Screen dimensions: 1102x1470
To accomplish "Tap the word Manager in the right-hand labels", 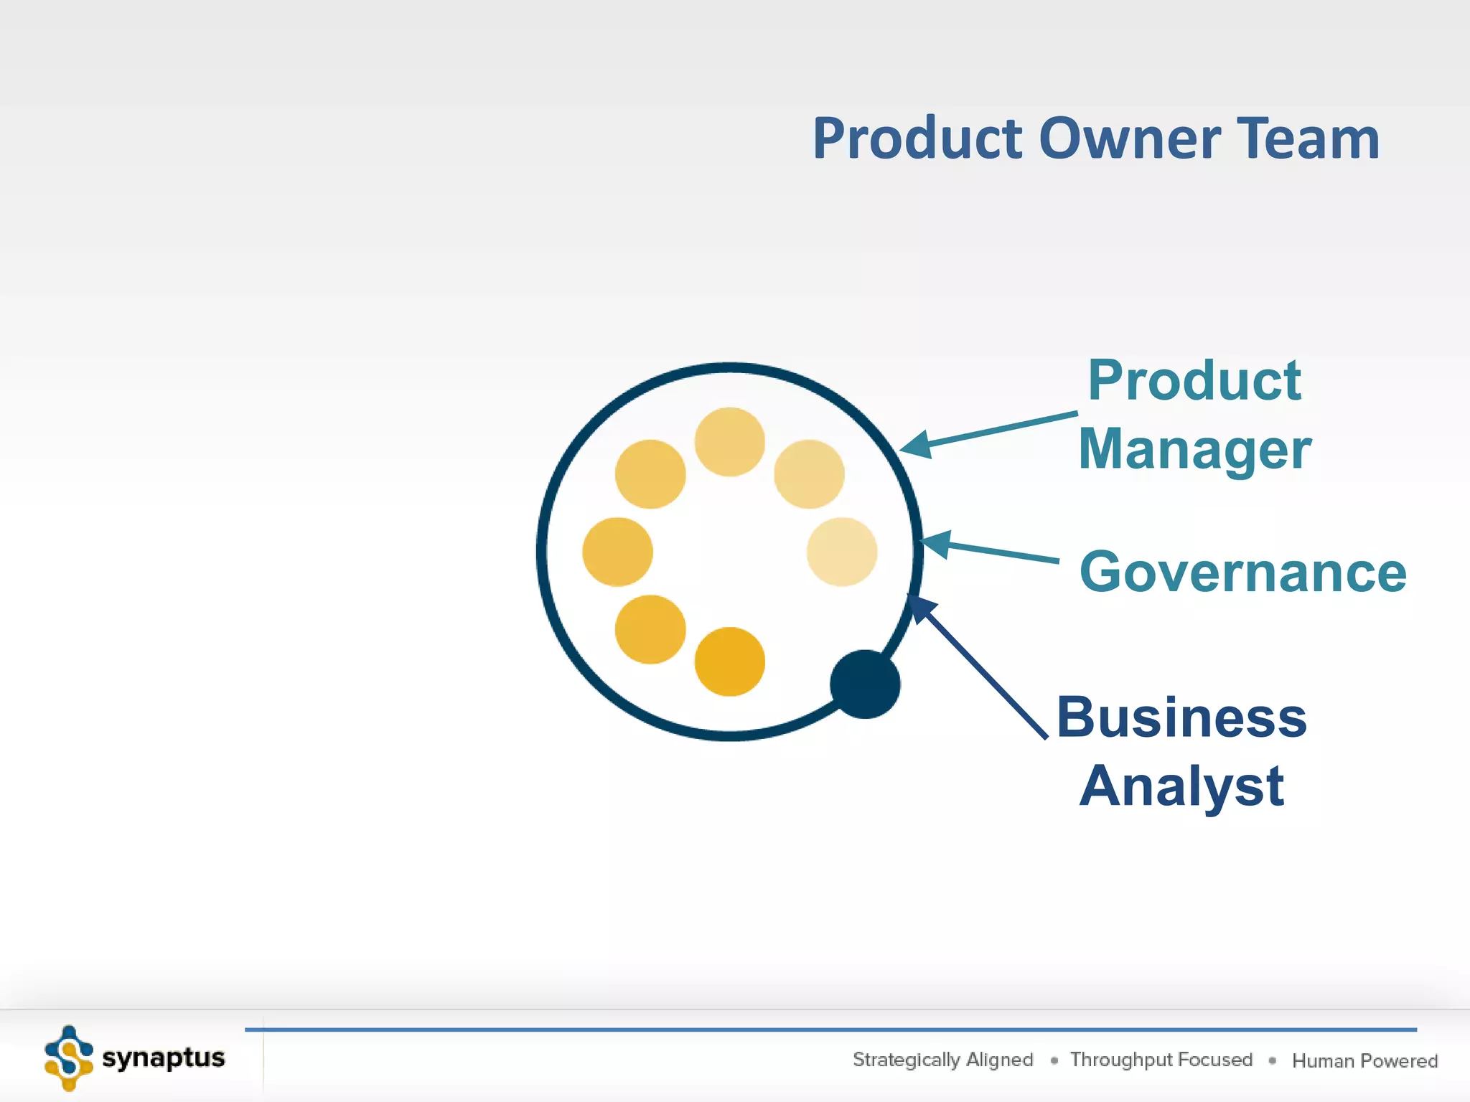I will tap(1194, 449).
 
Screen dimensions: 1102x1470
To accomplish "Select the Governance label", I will tap(1242, 572).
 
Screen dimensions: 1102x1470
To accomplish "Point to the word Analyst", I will tap(1181, 786).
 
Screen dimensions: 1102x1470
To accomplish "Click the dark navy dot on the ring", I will tap(865, 684).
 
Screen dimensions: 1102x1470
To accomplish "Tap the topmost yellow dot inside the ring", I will tap(729, 442).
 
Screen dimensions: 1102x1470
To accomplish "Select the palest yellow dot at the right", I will tap(841, 552).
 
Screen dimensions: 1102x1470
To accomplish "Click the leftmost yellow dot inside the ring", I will tap(617, 552).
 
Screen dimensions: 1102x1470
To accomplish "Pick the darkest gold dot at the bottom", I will tap(729, 661).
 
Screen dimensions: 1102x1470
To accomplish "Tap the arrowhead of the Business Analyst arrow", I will tap(921, 608).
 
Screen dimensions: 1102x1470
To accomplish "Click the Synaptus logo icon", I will tap(69, 1058).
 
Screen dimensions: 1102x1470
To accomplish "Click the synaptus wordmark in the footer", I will tap(164, 1058).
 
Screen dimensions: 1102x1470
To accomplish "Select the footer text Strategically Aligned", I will tap(942, 1060).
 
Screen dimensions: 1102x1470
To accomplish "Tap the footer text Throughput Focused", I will tap(1161, 1060).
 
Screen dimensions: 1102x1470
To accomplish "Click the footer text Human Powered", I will tap(1364, 1060).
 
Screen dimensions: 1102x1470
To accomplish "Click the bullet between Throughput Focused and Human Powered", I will tap(1272, 1060).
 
